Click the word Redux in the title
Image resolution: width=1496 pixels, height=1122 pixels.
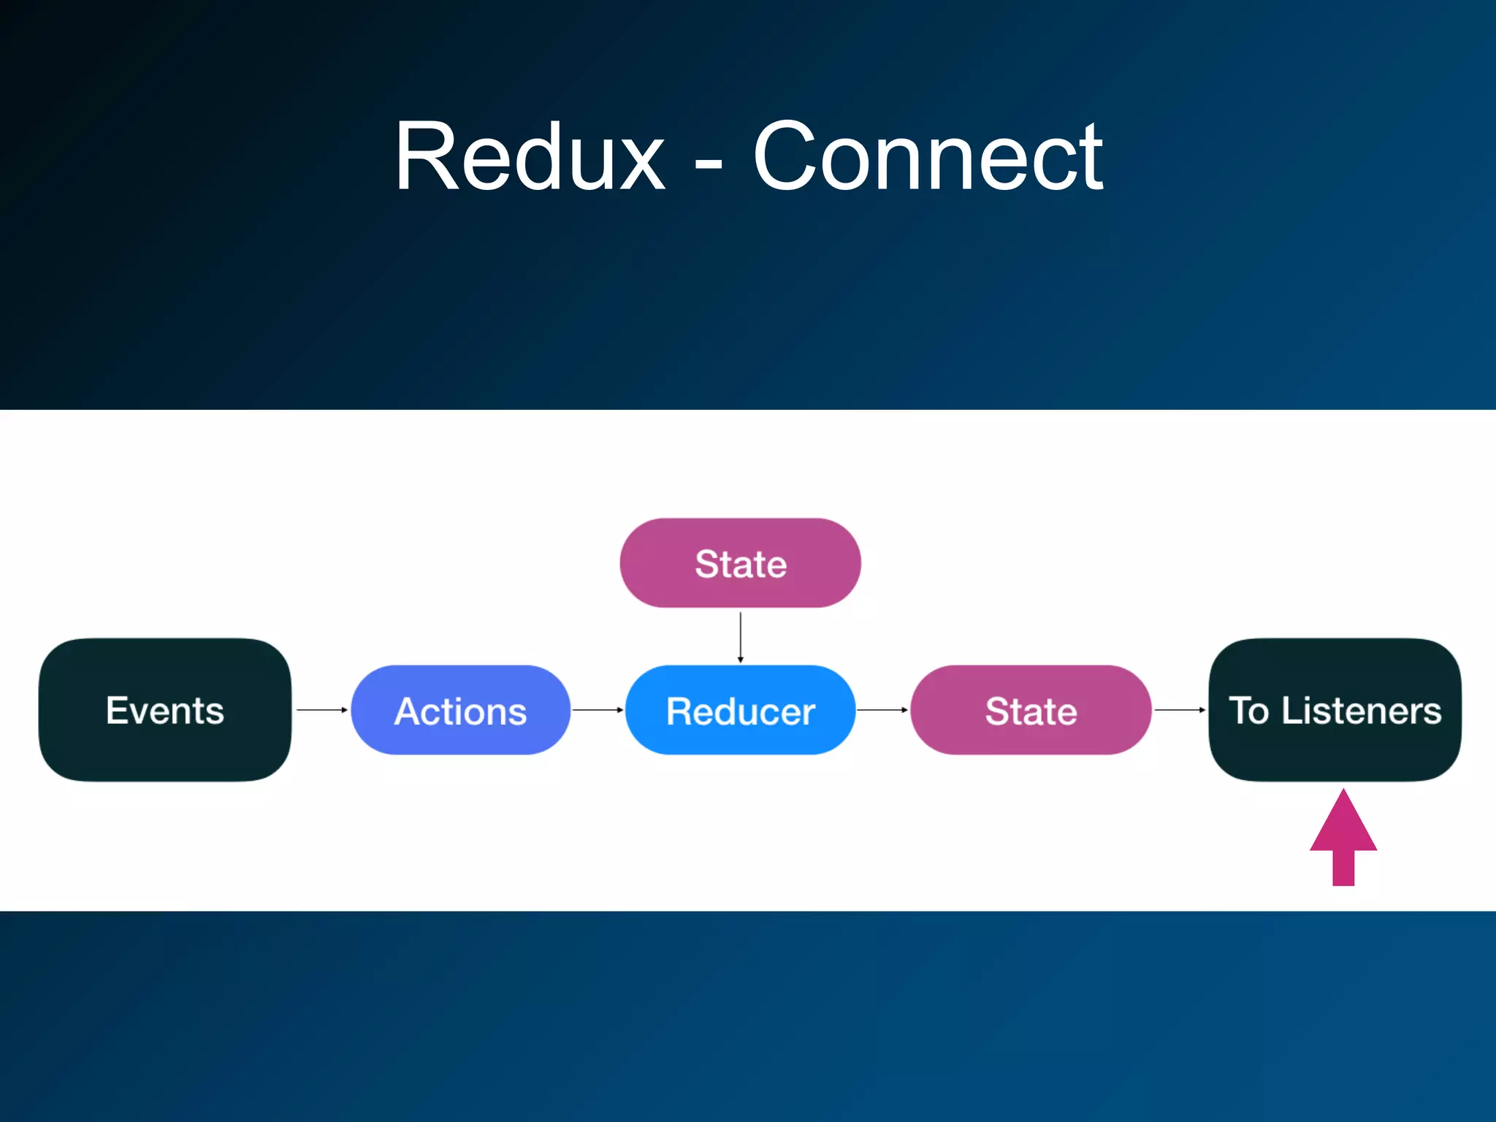coord(530,156)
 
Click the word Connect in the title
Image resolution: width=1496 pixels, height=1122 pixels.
coord(928,156)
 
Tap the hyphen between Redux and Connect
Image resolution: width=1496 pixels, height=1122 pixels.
coord(708,167)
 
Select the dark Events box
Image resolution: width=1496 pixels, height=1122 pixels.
coord(165,710)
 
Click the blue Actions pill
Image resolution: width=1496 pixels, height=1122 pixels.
coord(460,710)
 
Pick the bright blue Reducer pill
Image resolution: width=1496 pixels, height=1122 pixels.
coord(740,710)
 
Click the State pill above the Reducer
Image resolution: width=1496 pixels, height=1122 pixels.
coord(740,563)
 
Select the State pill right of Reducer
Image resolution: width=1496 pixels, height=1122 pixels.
coord(1031,710)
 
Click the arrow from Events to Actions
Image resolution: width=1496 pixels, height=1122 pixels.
coord(321,709)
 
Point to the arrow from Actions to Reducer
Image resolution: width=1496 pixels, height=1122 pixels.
coord(598,709)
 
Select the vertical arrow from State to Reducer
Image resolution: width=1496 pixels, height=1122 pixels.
coord(740,637)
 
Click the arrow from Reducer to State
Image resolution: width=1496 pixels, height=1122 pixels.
coord(882,709)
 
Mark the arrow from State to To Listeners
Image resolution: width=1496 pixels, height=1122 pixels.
coord(1180,709)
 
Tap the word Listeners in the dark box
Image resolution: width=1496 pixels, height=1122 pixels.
coord(1362,710)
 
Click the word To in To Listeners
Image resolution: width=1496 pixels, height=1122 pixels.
coord(1248,710)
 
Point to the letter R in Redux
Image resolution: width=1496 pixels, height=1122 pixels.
coord(425,156)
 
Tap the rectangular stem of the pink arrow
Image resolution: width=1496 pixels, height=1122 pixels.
coord(1343,868)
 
